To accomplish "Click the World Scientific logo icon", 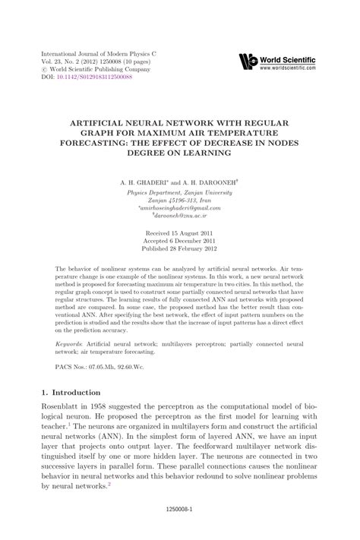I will pyautogui.click(x=248, y=62).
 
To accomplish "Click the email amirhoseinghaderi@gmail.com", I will pyautogui.click(x=179, y=208).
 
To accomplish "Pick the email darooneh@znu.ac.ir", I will pyautogui.click(x=179, y=216).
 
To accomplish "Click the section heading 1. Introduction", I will pyautogui.click(x=70, y=393).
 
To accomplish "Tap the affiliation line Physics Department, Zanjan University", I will pyautogui.click(x=179, y=193).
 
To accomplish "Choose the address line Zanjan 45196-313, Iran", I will pyautogui.click(x=179, y=201).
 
